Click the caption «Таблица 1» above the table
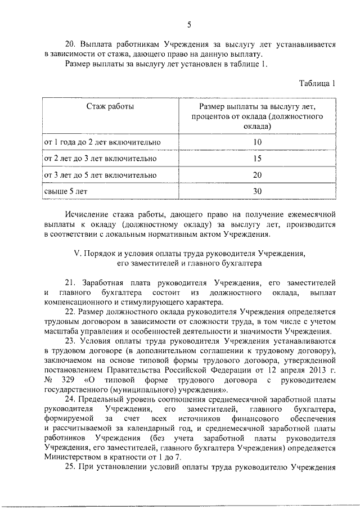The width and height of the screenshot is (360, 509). click(317, 84)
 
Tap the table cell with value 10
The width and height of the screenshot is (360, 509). click(258, 142)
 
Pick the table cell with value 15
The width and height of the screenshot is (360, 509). click(258, 159)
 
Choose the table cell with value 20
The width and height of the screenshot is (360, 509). click(258, 175)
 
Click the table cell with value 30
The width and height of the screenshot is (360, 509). click(258, 191)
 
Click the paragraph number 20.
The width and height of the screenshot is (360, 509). click(70, 44)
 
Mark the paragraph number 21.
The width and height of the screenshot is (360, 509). click(70, 282)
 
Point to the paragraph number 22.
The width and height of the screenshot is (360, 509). click(70, 311)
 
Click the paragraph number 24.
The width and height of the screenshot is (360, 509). click(70, 399)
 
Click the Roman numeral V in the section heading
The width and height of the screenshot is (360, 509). click(78, 253)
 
